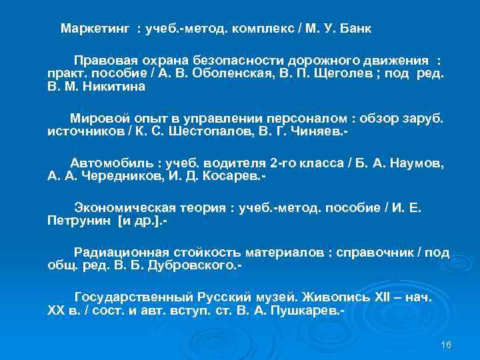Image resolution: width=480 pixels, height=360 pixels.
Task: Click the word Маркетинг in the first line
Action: [x=97, y=30]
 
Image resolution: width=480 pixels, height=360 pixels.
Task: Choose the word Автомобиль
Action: [x=111, y=163]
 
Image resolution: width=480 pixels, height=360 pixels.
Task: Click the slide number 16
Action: [x=446, y=344]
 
